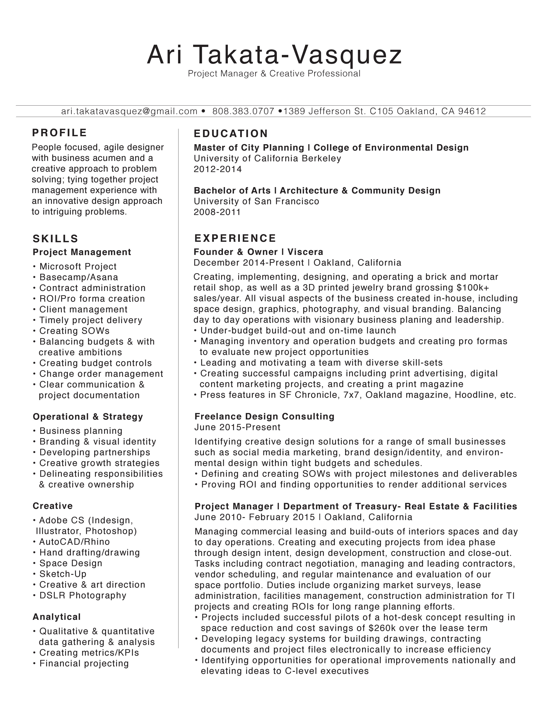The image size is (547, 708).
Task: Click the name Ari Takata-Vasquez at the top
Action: [274, 55]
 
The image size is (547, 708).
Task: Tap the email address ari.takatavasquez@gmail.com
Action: [129, 111]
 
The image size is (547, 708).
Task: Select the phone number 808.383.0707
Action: [243, 111]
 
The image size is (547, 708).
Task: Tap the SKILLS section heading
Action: [55, 239]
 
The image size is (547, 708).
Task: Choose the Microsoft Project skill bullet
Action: [78, 266]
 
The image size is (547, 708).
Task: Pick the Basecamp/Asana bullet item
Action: [79, 277]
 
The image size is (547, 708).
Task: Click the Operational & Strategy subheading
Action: [88, 417]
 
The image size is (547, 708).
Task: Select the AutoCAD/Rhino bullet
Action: [74, 542]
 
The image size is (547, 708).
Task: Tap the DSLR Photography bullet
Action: [83, 595]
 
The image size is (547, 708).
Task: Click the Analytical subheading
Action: [57, 617]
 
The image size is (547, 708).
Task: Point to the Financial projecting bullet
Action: [84, 663]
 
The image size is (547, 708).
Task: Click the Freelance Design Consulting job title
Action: [264, 416]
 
